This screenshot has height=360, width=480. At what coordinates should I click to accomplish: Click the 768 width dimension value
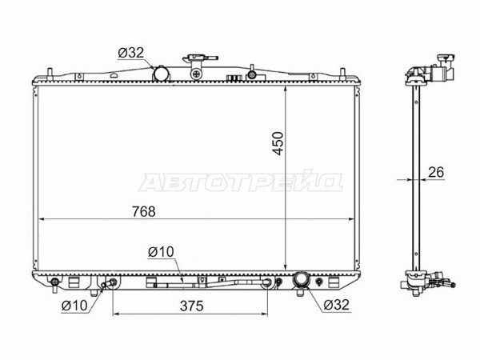coord(144,211)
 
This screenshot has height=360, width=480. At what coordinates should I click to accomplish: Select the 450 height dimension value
coord(278,143)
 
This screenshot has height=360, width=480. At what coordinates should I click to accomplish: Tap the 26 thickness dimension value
coord(436,172)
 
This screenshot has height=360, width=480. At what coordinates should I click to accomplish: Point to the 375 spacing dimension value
coord(192,306)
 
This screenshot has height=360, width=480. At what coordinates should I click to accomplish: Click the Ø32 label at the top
coord(130,53)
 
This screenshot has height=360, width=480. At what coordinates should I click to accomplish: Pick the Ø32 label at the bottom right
coord(336,305)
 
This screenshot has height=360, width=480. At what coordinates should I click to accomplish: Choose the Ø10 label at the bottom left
coord(74,306)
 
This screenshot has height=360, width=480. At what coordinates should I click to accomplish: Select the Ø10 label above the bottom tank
coord(161,252)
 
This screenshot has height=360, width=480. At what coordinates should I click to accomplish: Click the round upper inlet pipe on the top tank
coord(162,74)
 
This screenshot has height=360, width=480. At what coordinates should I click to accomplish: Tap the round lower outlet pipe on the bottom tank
coord(302,279)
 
